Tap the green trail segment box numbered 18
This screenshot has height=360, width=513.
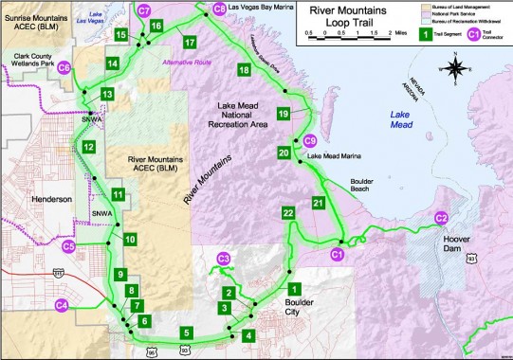(245, 71)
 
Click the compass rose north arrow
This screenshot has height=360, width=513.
(456, 71)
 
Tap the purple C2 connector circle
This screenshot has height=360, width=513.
(441, 218)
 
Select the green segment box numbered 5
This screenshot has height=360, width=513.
(188, 333)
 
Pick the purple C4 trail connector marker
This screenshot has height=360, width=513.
(63, 305)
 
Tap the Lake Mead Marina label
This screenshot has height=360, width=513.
(350, 156)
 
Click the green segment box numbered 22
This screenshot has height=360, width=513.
(288, 214)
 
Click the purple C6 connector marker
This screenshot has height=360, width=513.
(64, 68)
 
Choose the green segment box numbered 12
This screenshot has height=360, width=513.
(88, 148)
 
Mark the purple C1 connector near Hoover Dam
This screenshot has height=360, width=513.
(337, 254)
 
